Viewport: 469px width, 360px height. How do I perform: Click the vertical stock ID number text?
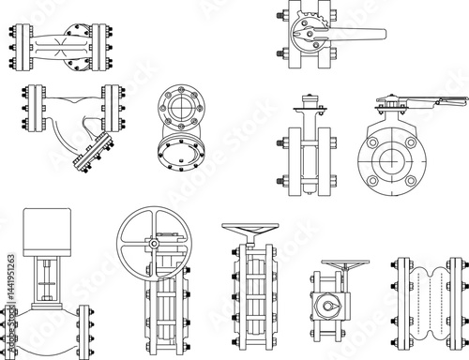click(8, 282)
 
